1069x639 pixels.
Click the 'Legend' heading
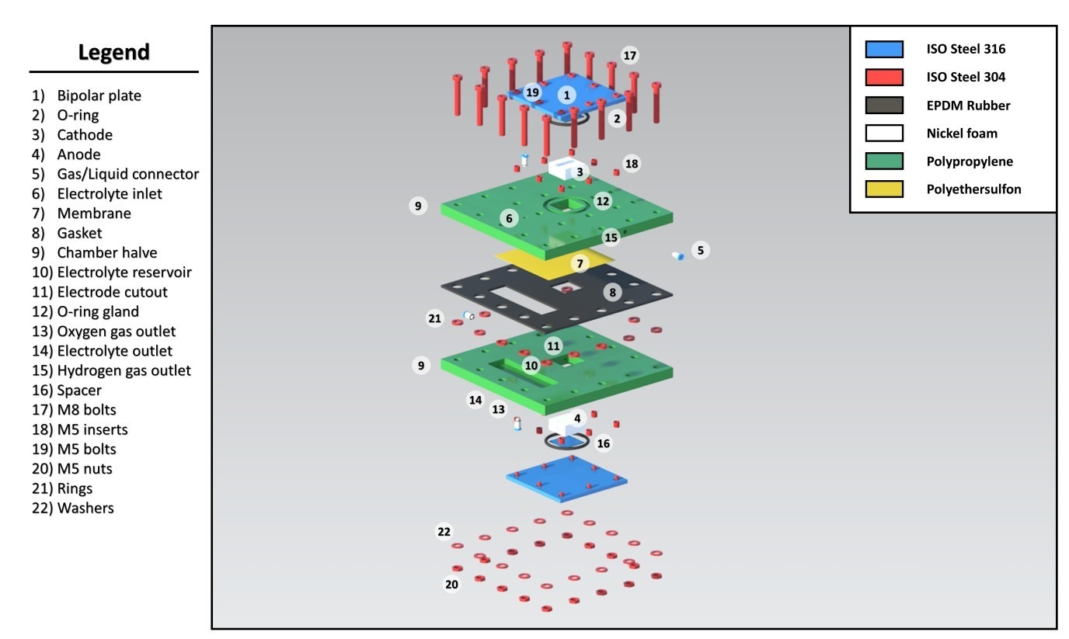113,53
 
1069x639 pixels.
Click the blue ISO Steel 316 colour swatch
884,50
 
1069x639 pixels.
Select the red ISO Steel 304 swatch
884,77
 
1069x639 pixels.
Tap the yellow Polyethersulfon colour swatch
884,189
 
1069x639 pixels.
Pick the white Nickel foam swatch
884,133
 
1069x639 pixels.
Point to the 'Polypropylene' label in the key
970,161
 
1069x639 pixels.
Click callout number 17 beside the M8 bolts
630,56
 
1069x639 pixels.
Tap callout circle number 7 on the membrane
580,264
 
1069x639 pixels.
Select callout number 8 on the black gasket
613,293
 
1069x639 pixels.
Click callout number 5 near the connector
700,250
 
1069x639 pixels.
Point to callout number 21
434,318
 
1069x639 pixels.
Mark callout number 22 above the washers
444,532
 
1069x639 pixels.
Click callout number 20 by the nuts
451,584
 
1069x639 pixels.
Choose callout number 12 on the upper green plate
603,201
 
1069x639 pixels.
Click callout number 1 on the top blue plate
567,95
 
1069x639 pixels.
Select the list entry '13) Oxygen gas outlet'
104,332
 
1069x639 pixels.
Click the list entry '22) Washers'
73,509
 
